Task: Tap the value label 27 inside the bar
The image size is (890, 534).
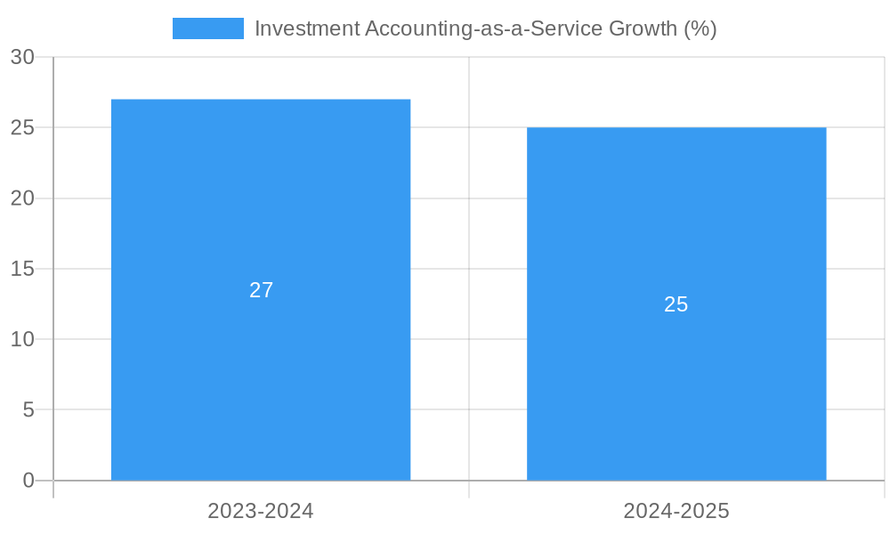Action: pyautogui.click(x=261, y=290)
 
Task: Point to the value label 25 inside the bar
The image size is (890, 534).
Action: pyautogui.click(x=676, y=304)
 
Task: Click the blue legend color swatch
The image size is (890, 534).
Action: pyautogui.click(x=208, y=28)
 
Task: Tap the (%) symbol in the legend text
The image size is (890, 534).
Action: pyautogui.click(x=700, y=28)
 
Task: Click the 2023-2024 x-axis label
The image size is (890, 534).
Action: pyautogui.click(x=261, y=511)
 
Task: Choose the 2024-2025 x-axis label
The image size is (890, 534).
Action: pyautogui.click(x=676, y=511)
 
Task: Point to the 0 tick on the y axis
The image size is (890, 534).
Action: pyautogui.click(x=28, y=481)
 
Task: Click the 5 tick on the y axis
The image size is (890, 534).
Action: pyautogui.click(x=28, y=410)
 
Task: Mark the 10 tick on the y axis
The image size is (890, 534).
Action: pyautogui.click(x=23, y=339)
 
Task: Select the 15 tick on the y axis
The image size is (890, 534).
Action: pyautogui.click(x=23, y=269)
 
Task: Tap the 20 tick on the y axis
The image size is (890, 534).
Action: pyautogui.click(x=23, y=198)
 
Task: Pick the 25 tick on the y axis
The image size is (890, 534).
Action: pyautogui.click(x=23, y=127)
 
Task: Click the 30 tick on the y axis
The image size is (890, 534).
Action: pyautogui.click(x=23, y=57)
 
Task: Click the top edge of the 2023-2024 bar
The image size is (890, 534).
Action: pyautogui.click(x=261, y=100)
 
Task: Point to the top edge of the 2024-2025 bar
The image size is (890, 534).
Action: pyautogui.click(x=676, y=128)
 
